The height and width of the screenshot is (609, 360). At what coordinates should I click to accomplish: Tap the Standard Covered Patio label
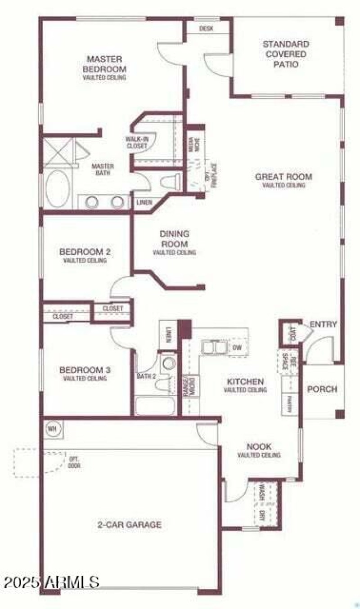286,54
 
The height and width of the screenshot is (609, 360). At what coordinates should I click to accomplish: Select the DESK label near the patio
206,28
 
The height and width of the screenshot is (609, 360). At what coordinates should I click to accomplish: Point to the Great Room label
283,176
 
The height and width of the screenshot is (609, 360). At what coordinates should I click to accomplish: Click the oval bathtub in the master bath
58,188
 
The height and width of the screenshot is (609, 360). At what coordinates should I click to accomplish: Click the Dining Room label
174,239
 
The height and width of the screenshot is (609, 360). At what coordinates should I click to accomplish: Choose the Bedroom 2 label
85,251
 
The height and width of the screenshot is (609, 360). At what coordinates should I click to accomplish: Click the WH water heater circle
52,429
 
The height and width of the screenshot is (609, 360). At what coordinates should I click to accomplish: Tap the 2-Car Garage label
130,524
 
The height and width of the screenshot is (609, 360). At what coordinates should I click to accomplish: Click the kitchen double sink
214,347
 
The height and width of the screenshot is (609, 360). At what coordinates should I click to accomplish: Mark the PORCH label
322,389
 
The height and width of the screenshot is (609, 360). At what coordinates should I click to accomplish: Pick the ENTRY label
323,324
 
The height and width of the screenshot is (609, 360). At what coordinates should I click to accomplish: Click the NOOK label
259,447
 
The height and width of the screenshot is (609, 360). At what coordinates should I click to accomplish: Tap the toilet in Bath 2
168,363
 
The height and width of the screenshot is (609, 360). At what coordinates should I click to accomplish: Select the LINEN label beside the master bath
144,202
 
